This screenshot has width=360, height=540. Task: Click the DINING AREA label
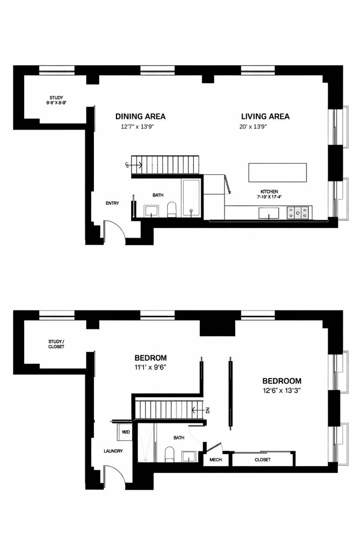pyautogui.click(x=140, y=116)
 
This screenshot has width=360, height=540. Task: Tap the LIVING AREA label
pyautogui.click(x=265, y=116)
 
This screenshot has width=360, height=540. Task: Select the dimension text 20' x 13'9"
pyautogui.click(x=254, y=127)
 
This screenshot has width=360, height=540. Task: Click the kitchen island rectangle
pyautogui.click(x=277, y=173)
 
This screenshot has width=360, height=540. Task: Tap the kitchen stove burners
pyautogui.click(x=298, y=212)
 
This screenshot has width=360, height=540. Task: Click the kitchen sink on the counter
pyautogui.click(x=266, y=213)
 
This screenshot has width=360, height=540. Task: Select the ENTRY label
pyautogui.click(x=112, y=203)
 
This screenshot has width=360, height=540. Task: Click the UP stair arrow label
pyautogui.click(x=127, y=165)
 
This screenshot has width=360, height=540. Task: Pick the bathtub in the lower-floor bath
pyautogui.click(x=192, y=198)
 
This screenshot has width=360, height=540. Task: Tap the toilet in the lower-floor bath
pyautogui.click(x=172, y=209)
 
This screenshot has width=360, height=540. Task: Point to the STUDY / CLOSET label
pyautogui.click(x=56, y=344)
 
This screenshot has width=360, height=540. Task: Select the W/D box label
pyautogui.click(x=125, y=432)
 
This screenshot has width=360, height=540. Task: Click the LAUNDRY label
pyautogui.click(x=114, y=451)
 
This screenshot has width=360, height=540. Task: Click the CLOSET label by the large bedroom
pyautogui.click(x=263, y=460)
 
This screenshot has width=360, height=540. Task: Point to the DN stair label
pyautogui.click(x=208, y=410)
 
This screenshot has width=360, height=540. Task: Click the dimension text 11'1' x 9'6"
pyautogui.click(x=150, y=369)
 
